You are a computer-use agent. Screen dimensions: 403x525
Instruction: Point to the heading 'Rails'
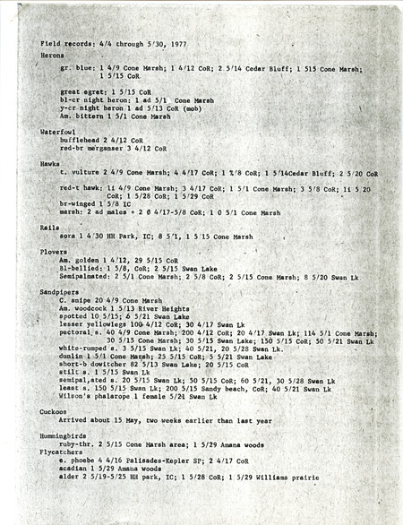point(49,228)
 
